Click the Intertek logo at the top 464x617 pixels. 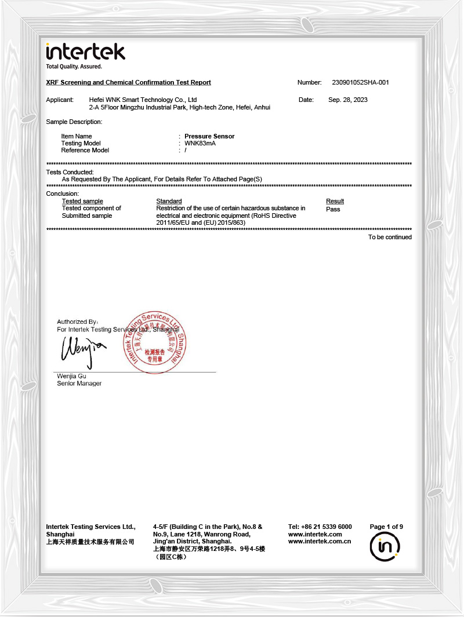85,52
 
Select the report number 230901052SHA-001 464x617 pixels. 360,82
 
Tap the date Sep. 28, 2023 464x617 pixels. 348,100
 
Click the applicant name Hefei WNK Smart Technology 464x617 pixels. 143,100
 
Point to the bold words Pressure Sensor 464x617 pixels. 209,136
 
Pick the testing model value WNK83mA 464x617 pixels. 200,143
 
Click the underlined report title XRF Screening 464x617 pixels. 128,82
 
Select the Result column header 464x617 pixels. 335,201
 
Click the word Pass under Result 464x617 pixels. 333,209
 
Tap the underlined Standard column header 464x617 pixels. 169,201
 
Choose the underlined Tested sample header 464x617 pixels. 82,201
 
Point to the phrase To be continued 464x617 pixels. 390,237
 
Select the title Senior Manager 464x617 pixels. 79,384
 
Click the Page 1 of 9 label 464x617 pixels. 386,527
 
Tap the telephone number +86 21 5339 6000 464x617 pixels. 320,527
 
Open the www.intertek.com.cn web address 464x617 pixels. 319,542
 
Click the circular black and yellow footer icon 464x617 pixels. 385,546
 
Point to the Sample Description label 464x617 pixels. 74,122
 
